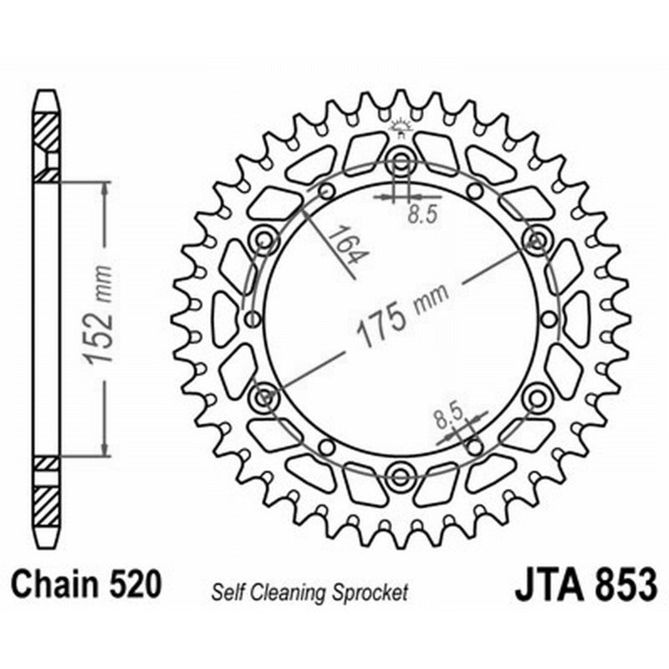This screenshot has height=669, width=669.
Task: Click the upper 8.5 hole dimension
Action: [x=422, y=215]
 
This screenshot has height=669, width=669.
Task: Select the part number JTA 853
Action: [x=585, y=583]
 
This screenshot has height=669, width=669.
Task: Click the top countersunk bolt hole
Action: [x=400, y=161]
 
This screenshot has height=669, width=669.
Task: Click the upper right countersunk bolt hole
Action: [x=535, y=241]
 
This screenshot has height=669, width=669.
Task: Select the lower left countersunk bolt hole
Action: [x=265, y=397]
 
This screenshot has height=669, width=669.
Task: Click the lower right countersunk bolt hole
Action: [x=535, y=397]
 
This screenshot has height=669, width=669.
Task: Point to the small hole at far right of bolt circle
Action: [x=549, y=319]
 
